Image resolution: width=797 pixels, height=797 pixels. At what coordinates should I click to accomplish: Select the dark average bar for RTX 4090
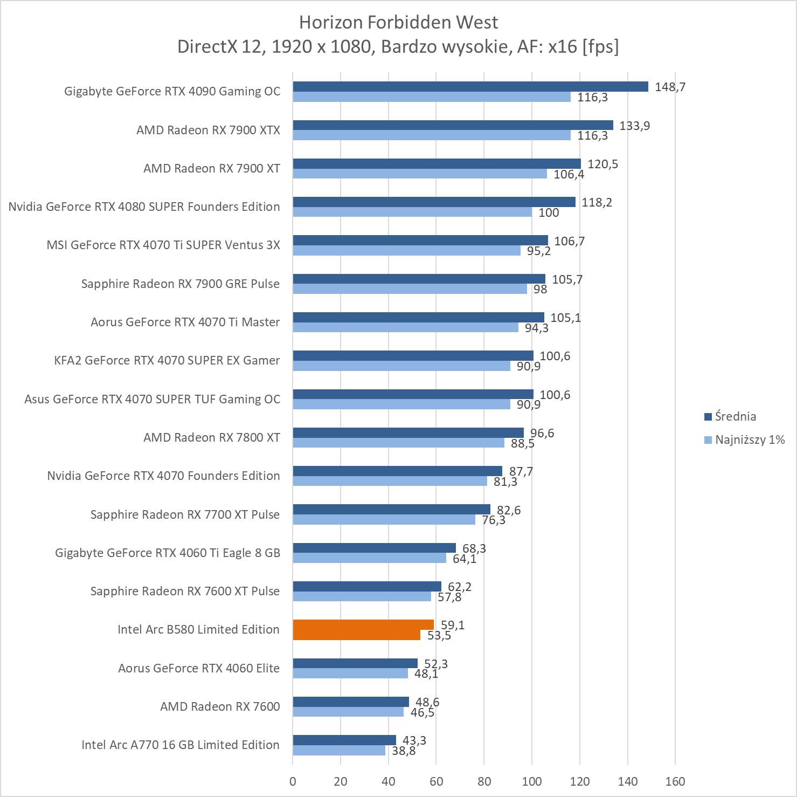click(x=470, y=87)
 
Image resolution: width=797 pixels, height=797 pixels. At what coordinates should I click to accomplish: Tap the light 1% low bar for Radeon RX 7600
click(x=348, y=712)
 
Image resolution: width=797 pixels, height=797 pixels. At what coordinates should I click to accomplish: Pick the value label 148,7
click(x=670, y=87)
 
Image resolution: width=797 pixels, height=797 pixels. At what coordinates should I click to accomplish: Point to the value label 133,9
click(x=635, y=126)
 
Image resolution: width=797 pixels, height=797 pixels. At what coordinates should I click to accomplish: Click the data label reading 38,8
click(x=403, y=750)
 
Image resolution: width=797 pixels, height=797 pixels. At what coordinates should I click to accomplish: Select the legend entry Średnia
click(x=735, y=416)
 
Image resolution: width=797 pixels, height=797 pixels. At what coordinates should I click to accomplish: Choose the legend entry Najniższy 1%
click(x=750, y=439)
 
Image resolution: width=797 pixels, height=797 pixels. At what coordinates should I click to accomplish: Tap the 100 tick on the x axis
click(x=532, y=781)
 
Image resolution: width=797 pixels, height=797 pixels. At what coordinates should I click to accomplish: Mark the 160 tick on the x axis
click(x=675, y=781)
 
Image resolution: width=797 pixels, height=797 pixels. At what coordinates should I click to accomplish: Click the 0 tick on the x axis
click(x=293, y=781)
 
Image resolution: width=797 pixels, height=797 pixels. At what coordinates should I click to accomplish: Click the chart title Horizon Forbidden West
click(x=398, y=22)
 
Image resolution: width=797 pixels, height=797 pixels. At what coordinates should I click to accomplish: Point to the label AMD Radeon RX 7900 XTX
click(x=208, y=130)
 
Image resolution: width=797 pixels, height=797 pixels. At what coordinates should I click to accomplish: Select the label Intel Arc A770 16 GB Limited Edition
click(x=180, y=745)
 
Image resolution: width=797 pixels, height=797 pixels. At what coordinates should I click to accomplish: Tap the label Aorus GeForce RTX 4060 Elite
click(x=199, y=668)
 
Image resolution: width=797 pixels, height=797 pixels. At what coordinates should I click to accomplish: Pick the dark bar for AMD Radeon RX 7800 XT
click(x=408, y=432)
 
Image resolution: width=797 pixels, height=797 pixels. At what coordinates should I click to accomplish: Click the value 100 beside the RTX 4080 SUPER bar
click(x=549, y=212)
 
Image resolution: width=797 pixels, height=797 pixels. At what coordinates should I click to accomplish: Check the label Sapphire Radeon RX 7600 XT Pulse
click(x=185, y=591)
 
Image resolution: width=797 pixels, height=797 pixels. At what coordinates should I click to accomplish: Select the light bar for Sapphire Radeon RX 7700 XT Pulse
click(x=384, y=520)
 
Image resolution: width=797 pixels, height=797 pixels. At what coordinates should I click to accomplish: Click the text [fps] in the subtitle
click(x=600, y=47)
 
